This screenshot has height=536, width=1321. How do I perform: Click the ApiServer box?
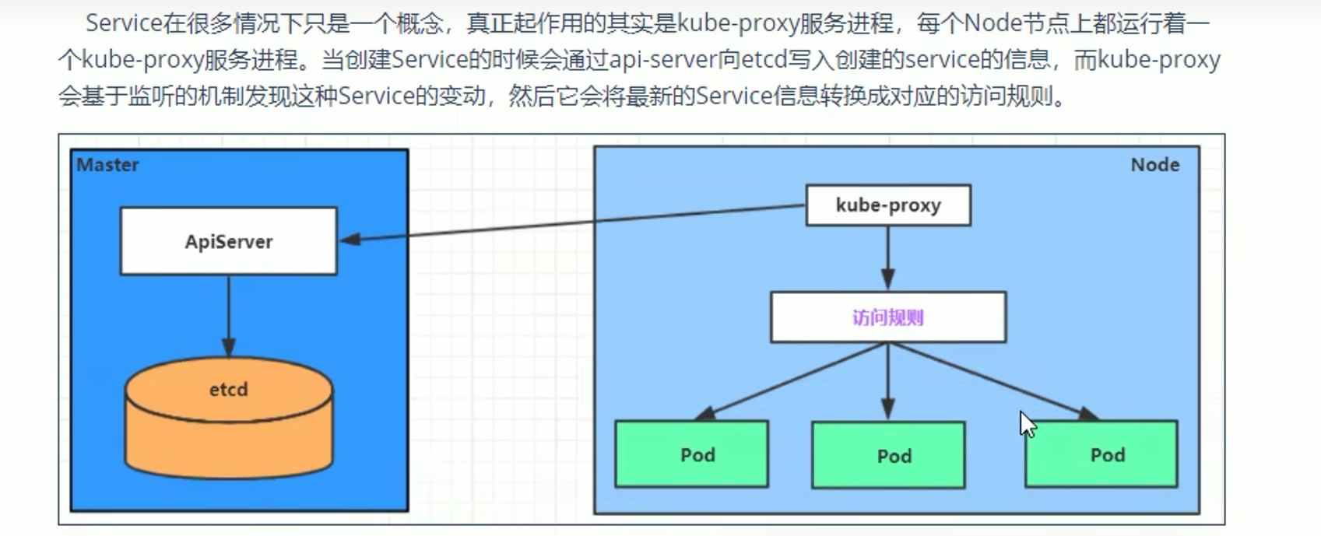pyautogui.click(x=228, y=241)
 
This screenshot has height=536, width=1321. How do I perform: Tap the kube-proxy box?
pyautogui.click(x=888, y=205)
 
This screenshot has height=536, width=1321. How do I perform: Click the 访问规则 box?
pyautogui.click(x=887, y=317)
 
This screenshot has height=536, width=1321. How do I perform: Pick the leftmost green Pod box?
pyautogui.click(x=691, y=455)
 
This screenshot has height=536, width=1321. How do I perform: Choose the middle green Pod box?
pyautogui.click(x=888, y=456)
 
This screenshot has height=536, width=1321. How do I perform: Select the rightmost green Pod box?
pyautogui.click(x=1101, y=455)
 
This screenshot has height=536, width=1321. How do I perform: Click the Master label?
pyautogui.click(x=107, y=165)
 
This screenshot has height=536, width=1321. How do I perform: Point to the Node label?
pyautogui.click(x=1154, y=165)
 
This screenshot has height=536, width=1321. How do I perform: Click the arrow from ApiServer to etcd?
pyautogui.click(x=229, y=315)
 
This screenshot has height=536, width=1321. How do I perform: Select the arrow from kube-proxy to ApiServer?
pyautogui.click(x=572, y=222)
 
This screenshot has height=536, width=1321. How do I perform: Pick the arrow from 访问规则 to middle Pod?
pyautogui.click(x=888, y=381)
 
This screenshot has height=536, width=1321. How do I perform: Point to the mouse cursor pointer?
pyautogui.click(x=1027, y=424)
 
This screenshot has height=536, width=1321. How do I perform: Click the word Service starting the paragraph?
pyautogui.click(x=123, y=23)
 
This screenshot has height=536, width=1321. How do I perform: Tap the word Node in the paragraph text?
pyautogui.click(x=993, y=23)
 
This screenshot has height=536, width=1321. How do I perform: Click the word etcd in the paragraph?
pyautogui.click(x=763, y=60)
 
